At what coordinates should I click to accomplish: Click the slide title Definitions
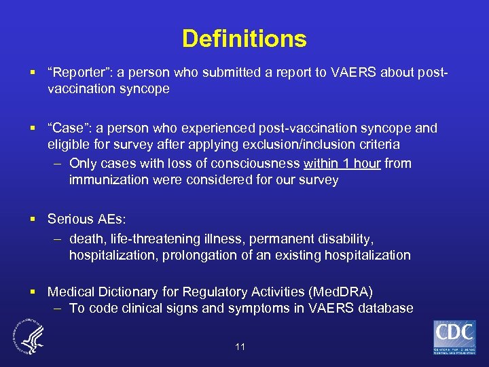244,38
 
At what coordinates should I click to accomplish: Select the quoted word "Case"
68,128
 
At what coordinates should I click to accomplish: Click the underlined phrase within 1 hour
342,163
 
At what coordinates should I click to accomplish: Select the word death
87,238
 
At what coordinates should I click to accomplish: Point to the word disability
345,238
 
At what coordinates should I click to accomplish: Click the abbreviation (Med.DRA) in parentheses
340,292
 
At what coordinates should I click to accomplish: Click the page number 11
240,347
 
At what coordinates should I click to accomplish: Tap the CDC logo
454,337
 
